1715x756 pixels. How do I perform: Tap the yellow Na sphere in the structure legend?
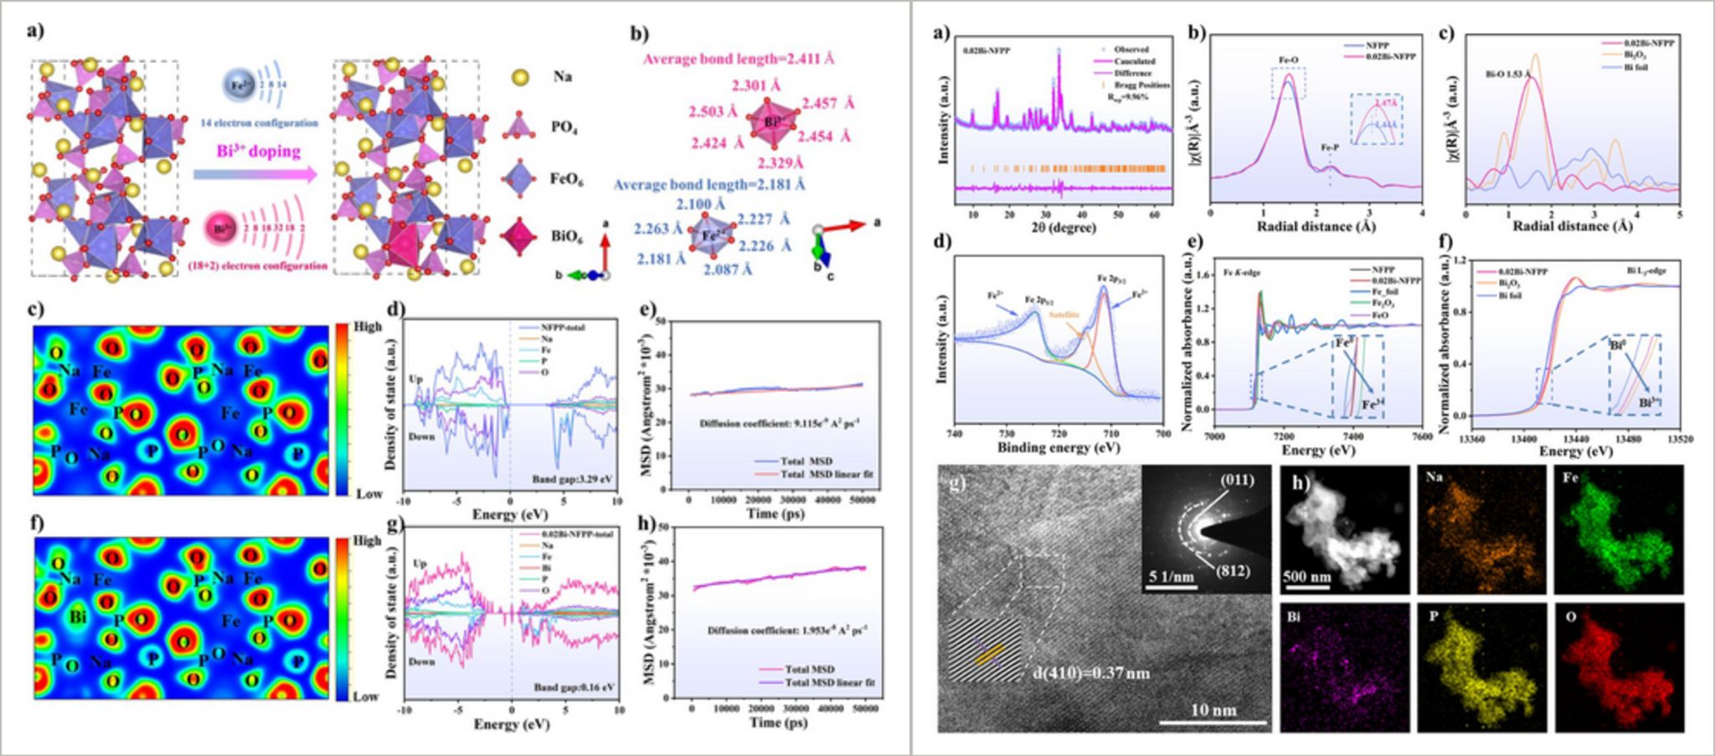point(520,77)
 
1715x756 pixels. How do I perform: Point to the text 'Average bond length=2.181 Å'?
point(709,184)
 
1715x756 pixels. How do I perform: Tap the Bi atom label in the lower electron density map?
point(79,617)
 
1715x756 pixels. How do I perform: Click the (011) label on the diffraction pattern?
point(1238,481)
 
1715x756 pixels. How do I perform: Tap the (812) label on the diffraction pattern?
point(1232,570)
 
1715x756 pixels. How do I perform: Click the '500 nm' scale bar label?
point(1306,577)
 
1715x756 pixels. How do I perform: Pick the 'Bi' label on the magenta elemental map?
point(1295,618)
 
